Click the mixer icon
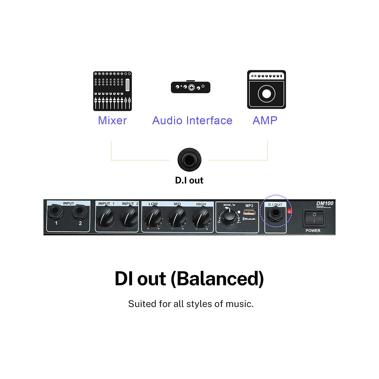pos(112,91)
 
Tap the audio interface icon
pos(190,87)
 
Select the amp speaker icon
pos(266,90)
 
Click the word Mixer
pos(112,121)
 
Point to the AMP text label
pos(265,121)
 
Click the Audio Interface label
pos(192,121)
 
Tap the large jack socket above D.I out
pos(189,160)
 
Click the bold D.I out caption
pos(189,180)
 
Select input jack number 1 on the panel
pos(56,212)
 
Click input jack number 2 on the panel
pos(79,212)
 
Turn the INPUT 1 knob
pos(106,217)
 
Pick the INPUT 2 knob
pos(129,217)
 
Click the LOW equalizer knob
pos(153,217)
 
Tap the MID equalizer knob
pos(177,217)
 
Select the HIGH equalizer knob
pos(201,217)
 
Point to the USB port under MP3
pos(249,212)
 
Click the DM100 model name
pos(325,203)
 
